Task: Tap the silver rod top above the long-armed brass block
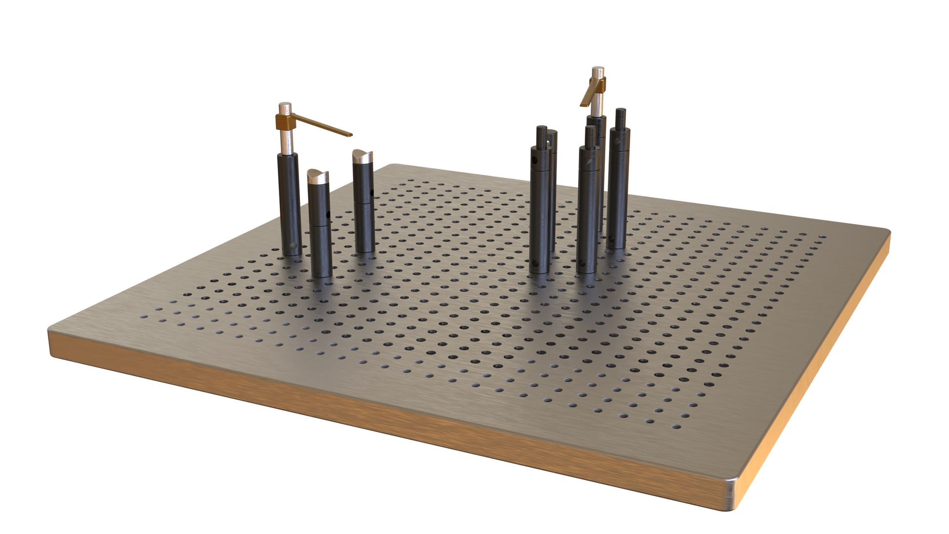pyautogui.click(x=284, y=106)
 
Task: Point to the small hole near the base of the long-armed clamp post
pyautogui.click(x=293, y=245)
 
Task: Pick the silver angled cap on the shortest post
pyautogui.click(x=318, y=176)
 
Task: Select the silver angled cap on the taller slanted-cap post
pyautogui.click(x=364, y=157)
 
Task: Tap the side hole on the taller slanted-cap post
pyautogui.click(x=372, y=192)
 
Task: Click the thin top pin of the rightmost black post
pyautogui.click(x=620, y=118)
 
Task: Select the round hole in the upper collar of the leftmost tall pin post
pyautogui.click(x=535, y=160)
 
